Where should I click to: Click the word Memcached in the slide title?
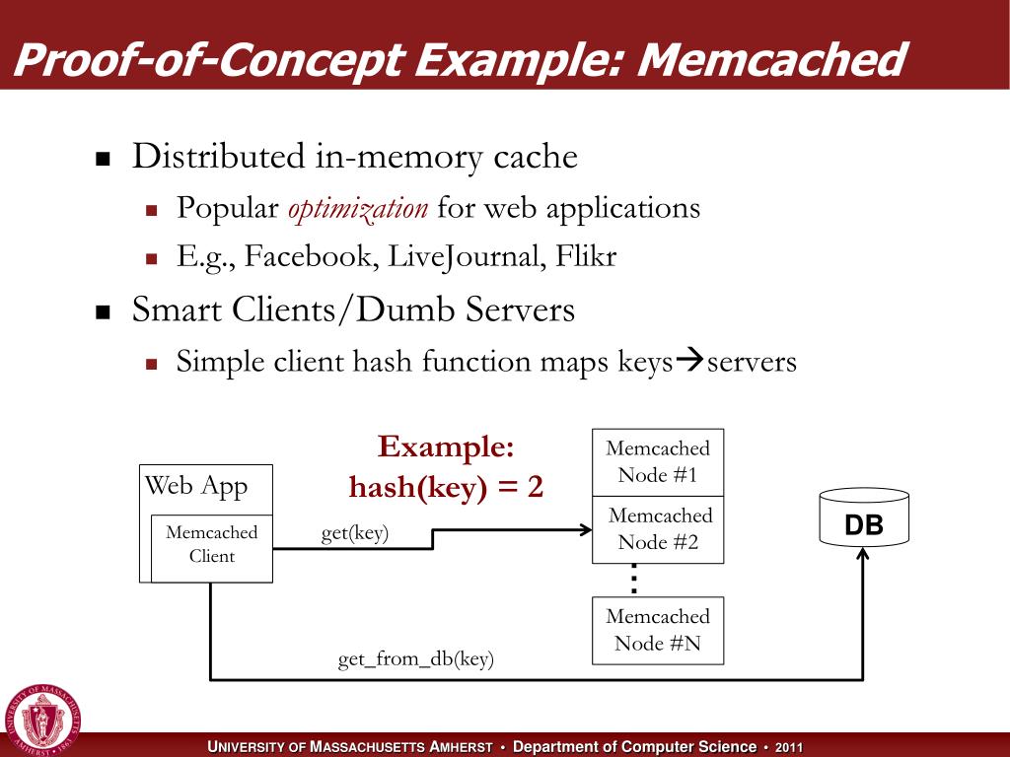click(x=771, y=61)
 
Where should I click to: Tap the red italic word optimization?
click(x=357, y=208)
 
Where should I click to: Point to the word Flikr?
click(x=586, y=258)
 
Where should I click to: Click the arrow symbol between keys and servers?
click(x=688, y=361)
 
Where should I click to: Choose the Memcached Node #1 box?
click(x=658, y=462)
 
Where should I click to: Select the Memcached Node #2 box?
click(x=658, y=529)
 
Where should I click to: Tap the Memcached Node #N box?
click(x=658, y=630)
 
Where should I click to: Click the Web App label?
click(x=196, y=485)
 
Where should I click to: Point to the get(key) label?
click(x=355, y=533)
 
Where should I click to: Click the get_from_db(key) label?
click(x=415, y=659)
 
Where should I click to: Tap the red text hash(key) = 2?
click(x=446, y=487)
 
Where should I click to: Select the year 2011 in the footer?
click(x=789, y=748)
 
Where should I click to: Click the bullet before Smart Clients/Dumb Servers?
click(x=102, y=313)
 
